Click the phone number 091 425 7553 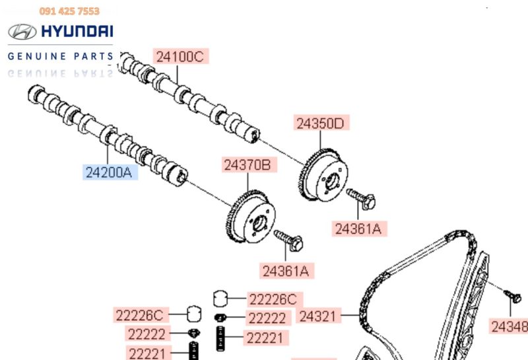click(x=69, y=11)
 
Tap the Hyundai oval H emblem click(x=22, y=32)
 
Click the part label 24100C click(x=180, y=56)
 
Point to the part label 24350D click(x=320, y=124)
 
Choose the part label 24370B click(x=248, y=165)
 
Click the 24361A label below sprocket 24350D click(x=358, y=229)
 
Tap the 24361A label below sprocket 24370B click(x=286, y=271)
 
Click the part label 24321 click(x=317, y=316)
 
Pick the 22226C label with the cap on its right click(x=140, y=315)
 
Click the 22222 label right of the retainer click(x=267, y=318)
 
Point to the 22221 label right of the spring click(x=265, y=338)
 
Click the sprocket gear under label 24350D click(x=323, y=174)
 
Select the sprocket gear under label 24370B click(x=251, y=217)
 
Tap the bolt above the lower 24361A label click(x=288, y=240)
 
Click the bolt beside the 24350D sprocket click(x=361, y=198)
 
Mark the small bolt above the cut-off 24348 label click(x=513, y=296)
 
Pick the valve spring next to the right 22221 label click(x=220, y=338)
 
